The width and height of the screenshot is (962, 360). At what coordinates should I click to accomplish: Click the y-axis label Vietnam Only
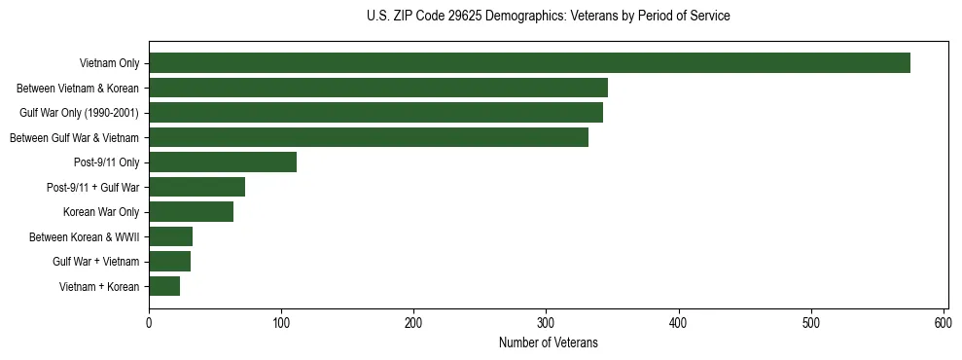coord(109,64)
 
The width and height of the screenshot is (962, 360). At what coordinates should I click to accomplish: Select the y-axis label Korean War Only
coord(101,212)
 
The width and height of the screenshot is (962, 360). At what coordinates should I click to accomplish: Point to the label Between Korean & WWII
coord(84,236)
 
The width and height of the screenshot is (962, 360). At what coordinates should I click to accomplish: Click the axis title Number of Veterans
coord(548,342)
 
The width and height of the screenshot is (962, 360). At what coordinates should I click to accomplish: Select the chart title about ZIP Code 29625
coord(548,17)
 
